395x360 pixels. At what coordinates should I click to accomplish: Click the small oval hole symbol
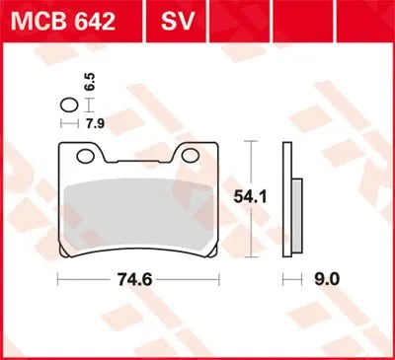pyautogui.click(x=68, y=107)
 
